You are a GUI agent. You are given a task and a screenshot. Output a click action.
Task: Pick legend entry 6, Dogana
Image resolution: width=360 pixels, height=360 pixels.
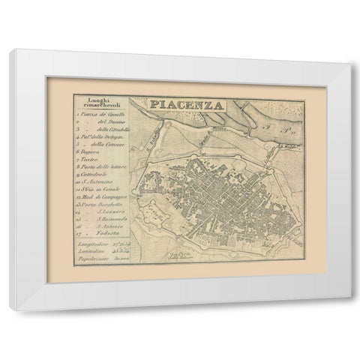tap(93, 160)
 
